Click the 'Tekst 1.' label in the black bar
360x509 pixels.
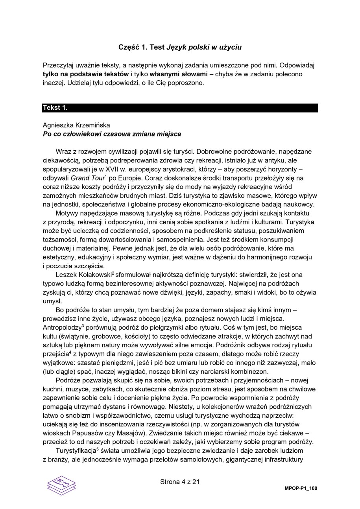[x=55, y=108]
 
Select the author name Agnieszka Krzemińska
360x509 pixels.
[x=76, y=125]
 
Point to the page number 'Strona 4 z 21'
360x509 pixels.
[x=180, y=481]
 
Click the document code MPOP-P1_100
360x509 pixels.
[x=301, y=489]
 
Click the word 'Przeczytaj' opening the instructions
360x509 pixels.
[x=59, y=65]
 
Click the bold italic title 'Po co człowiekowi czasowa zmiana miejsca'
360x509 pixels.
[x=112, y=134]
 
